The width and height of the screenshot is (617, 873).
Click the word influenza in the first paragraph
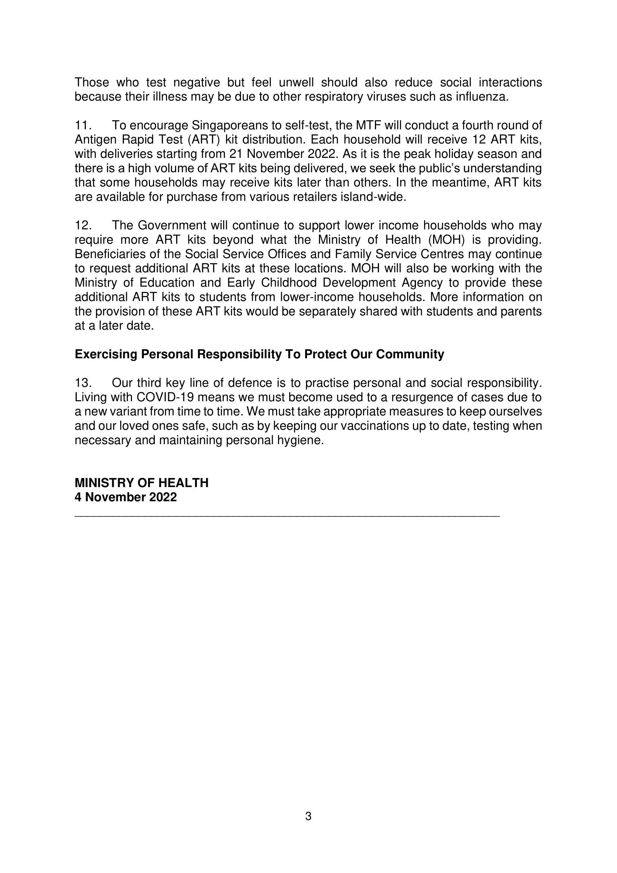click(x=488, y=97)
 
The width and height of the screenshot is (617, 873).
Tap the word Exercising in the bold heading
click(x=106, y=354)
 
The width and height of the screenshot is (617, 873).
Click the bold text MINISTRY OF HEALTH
click(x=141, y=483)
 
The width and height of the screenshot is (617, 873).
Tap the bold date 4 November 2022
click(x=125, y=497)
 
